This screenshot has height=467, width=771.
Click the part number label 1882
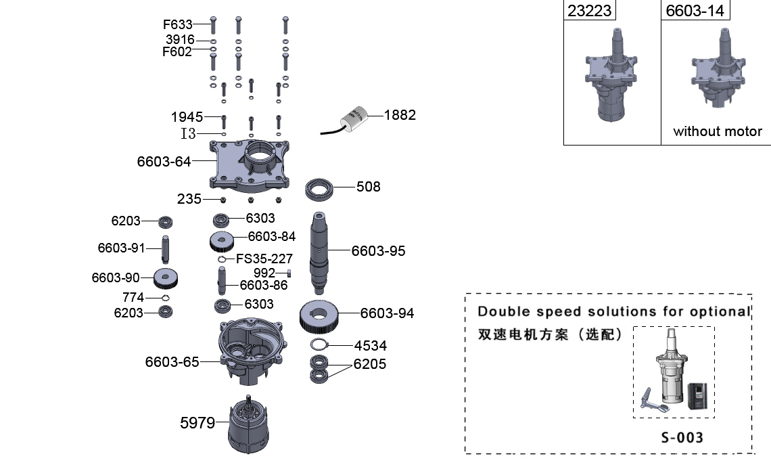click(400, 115)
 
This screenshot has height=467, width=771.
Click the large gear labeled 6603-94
click(319, 315)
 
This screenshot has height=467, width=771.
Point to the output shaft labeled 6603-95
click(321, 250)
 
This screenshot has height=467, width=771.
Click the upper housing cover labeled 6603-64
click(250, 164)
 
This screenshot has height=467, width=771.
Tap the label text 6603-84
click(272, 236)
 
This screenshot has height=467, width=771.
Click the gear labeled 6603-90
click(166, 277)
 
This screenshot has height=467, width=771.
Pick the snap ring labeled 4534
click(319, 344)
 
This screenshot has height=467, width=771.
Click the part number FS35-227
click(264, 258)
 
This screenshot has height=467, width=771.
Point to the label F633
click(178, 25)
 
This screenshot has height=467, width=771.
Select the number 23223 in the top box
click(589, 10)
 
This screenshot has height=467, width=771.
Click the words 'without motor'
click(718, 131)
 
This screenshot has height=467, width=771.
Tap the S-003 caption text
click(682, 437)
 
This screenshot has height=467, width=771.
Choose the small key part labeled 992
click(289, 273)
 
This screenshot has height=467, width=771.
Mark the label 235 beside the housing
click(189, 199)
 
